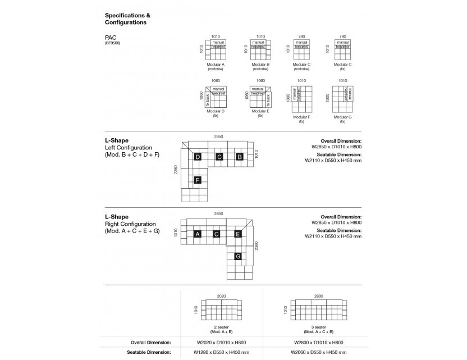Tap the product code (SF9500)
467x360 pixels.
tap(113, 43)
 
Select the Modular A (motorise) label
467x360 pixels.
tap(216, 67)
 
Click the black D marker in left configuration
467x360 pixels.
tap(198, 157)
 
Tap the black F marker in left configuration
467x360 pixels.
tap(198, 180)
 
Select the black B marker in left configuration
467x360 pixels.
tap(239, 157)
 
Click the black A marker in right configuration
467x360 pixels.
tap(198, 234)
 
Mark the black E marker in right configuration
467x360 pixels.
tap(238, 234)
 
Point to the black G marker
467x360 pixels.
tap(238, 256)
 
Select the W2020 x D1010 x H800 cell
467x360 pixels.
tap(221, 341)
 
